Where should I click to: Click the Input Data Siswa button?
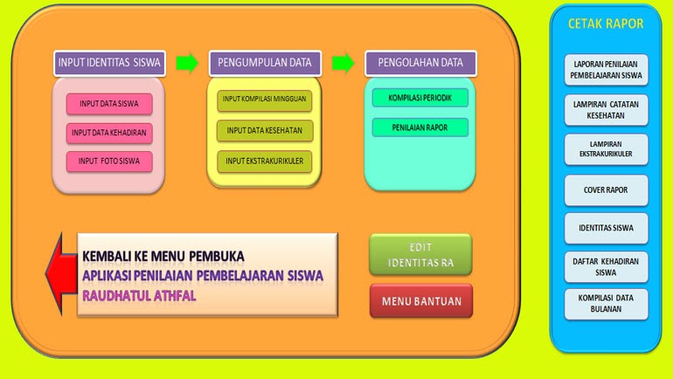[x=109, y=104]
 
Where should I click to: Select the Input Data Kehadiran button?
[x=109, y=133]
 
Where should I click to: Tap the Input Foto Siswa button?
[x=109, y=162]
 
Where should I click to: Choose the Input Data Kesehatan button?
[x=264, y=131]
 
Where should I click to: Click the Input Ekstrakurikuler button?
[x=264, y=162]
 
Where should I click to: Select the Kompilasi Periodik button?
[x=420, y=98]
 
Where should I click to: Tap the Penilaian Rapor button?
[x=420, y=127]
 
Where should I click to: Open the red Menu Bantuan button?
[x=420, y=301]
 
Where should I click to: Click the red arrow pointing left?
[x=59, y=272]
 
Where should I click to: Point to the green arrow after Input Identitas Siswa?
[x=187, y=63]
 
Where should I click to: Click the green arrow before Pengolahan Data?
[x=343, y=63]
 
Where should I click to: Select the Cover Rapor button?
[x=607, y=189]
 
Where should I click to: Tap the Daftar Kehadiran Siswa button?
[x=607, y=266]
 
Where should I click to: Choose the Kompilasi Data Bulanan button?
[x=607, y=303]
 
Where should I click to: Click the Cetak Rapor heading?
[x=606, y=24]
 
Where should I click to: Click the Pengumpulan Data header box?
[x=265, y=63]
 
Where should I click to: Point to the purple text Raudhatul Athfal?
[x=139, y=295]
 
